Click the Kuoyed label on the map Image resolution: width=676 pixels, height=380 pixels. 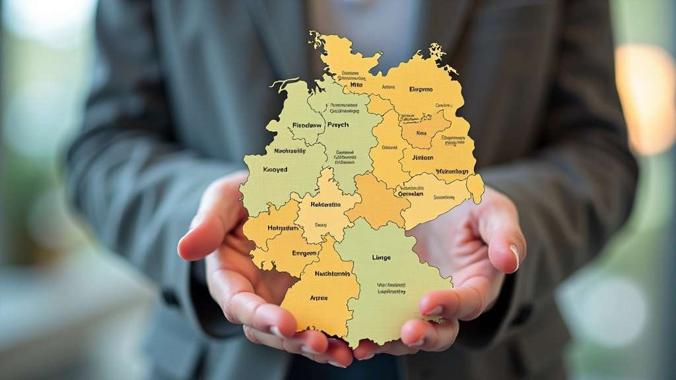(x=275, y=170)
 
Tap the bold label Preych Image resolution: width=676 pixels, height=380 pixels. (x=337, y=125)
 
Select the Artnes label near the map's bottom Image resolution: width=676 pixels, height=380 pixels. (x=318, y=298)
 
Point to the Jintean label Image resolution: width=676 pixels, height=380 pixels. (x=422, y=158)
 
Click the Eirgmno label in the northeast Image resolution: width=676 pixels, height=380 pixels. (x=421, y=88)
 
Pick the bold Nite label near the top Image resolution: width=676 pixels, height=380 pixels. (x=356, y=85)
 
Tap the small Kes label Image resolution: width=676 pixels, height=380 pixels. (x=421, y=132)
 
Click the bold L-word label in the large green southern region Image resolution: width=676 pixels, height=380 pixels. (x=382, y=257)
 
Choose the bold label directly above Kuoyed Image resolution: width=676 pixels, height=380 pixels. (x=290, y=150)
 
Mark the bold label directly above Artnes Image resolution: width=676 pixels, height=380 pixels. (x=332, y=273)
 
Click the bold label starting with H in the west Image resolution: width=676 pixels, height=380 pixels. (x=283, y=228)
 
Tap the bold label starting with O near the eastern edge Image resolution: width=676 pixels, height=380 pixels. (x=410, y=194)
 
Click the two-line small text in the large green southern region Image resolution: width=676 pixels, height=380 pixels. (x=391, y=288)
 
